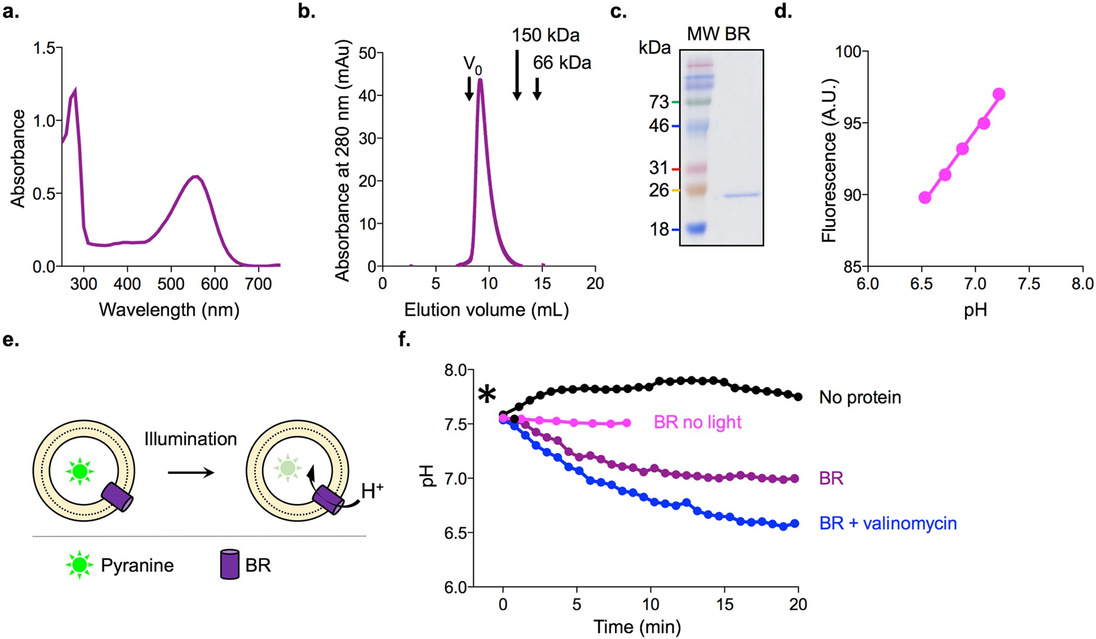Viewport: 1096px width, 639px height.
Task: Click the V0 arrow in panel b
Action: [469, 88]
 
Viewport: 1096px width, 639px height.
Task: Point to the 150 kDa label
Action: [545, 35]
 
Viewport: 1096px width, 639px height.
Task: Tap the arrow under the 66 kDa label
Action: [537, 88]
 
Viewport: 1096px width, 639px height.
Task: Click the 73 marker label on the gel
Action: [659, 102]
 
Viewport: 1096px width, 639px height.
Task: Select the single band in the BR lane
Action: [742, 195]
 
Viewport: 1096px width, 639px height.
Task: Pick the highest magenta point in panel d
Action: [999, 94]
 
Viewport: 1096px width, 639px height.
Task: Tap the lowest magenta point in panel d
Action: [925, 197]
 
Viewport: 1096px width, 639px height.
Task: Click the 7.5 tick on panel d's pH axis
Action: [1029, 284]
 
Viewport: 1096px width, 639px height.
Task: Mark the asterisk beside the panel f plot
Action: [487, 394]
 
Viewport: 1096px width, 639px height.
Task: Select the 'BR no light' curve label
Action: [697, 422]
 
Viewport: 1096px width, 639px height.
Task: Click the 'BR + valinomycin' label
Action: [888, 523]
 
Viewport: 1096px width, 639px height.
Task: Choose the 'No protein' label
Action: [860, 397]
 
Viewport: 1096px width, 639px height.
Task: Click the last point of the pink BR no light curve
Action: [627, 423]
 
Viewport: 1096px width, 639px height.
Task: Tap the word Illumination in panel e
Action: [190, 439]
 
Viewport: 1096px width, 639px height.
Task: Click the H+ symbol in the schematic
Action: [372, 491]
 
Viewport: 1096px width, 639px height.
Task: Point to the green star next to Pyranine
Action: [79, 565]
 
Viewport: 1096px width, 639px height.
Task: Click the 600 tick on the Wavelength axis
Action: [214, 284]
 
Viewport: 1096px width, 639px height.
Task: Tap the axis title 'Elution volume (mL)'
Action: [486, 310]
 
